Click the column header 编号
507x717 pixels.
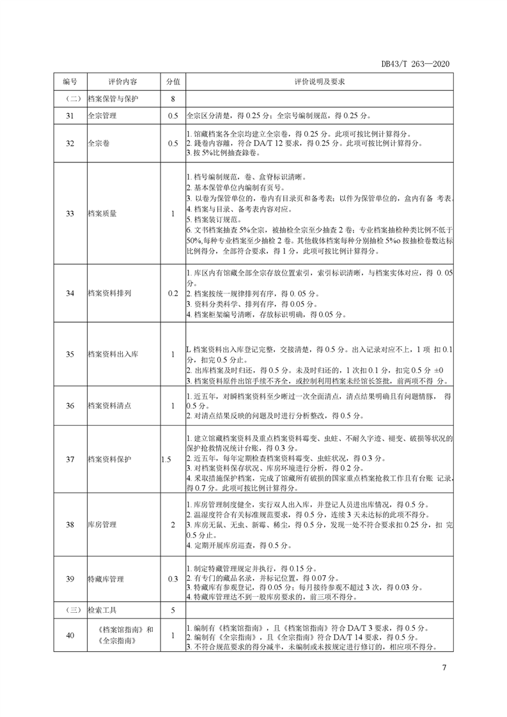70,82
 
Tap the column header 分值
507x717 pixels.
173,82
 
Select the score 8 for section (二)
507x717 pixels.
173,99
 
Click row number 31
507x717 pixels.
70,116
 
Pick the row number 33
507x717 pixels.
70,213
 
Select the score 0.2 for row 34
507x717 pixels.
173,293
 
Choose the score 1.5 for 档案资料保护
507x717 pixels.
167,459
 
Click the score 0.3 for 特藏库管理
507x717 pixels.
173,579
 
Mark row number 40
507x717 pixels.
70,635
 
